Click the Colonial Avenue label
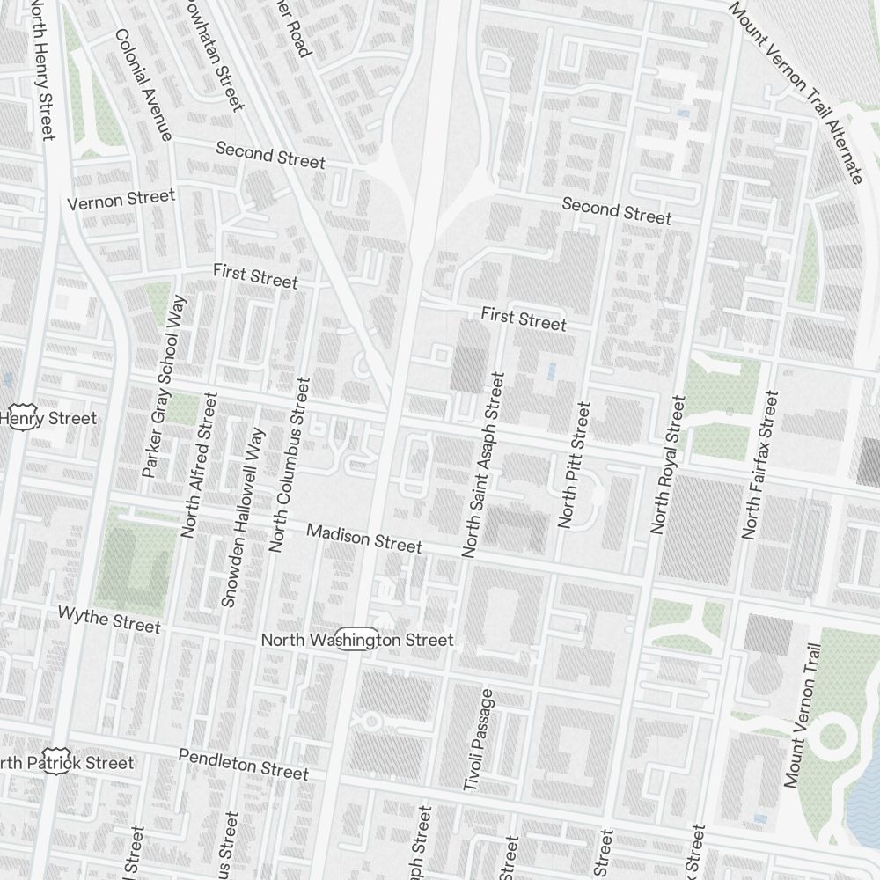coord(142,84)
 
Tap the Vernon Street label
coord(121,199)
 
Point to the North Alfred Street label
coord(198,465)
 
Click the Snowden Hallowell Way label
coord(243,517)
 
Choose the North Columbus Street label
coord(290,465)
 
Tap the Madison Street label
coord(363,538)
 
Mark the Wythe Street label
coord(109,619)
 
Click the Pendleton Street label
coord(243,764)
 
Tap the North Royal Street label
coord(667,465)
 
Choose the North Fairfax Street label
coord(760,465)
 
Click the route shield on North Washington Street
coord(356,640)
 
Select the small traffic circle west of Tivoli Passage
coord(371,722)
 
